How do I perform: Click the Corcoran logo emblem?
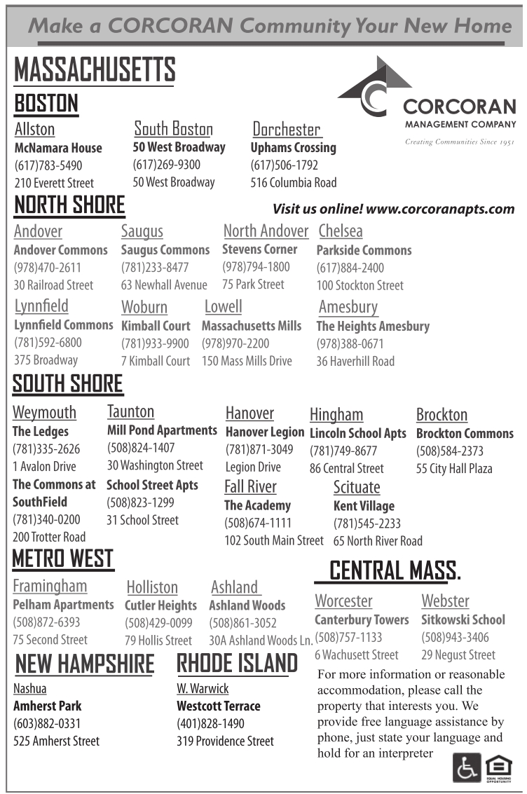(x=369, y=87)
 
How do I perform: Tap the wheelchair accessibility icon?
(x=467, y=767)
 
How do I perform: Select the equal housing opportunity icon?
(x=498, y=767)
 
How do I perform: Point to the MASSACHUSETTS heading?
(x=94, y=70)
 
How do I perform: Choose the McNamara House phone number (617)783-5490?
(x=48, y=166)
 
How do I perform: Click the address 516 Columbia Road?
(x=294, y=183)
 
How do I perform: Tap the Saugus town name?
(x=142, y=231)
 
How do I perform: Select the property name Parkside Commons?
(x=364, y=250)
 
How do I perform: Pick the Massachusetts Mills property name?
(x=252, y=326)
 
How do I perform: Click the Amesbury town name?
(x=348, y=307)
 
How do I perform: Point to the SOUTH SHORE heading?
(x=68, y=384)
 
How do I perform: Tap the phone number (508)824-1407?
(x=141, y=447)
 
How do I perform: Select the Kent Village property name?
(x=364, y=505)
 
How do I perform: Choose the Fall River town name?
(x=250, y=486)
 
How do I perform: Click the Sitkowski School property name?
(x=463, y=620)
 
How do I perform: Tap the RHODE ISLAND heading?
(x=237, y=663)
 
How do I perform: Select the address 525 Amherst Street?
(x=57, y=741)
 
